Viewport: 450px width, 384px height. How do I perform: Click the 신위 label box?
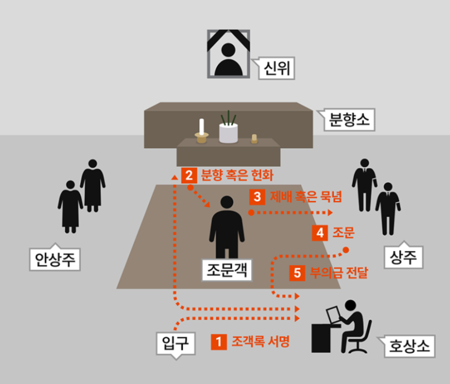point(277,68)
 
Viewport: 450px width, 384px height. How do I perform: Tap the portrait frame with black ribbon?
point(229,54)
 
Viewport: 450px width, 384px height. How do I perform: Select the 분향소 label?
point(349,120)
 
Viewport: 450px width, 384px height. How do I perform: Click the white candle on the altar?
point(202,127)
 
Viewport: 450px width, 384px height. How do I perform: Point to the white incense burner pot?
point(229,133)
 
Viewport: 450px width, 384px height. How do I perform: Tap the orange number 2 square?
point(189,175)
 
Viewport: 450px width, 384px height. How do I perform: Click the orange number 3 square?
point(257,197)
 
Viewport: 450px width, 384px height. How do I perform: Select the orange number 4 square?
point(320,233)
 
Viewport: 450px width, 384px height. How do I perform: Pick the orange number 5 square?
point(298,273)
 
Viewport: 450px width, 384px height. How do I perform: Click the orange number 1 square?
point(219,342)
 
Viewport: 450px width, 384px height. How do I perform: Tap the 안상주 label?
point(55,260)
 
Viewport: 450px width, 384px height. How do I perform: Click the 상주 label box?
point(404,257)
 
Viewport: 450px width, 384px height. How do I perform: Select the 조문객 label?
point(227,270)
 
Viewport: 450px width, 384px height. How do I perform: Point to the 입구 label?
point(176,343)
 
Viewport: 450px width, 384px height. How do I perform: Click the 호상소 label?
point(410,346)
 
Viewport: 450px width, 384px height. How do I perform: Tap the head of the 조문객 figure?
point(227,202)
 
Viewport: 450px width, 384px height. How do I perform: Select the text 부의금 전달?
point(339,273)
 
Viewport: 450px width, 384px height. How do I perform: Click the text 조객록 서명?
point(260,341)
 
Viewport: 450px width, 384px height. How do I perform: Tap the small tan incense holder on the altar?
point(254,139)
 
